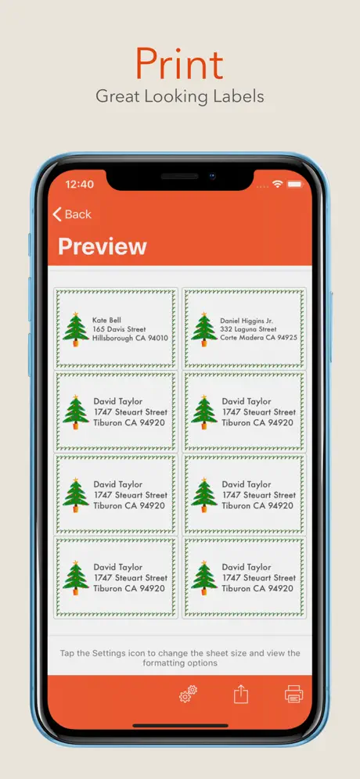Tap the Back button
(72, 214)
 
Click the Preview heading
(103, 246)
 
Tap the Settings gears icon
(189, 694)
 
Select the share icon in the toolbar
(241, 694)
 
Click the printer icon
(293, 694)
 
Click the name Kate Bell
(106, 321)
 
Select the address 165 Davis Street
(119, 329)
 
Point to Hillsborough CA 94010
(130, 339)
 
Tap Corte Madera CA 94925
(259, 338)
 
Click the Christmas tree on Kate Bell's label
(76, 329)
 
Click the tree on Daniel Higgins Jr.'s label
(203, 329)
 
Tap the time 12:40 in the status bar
(80, 185)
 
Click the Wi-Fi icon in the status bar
(278, 185)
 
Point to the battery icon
(294, 185)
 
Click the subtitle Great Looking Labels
(180, 96)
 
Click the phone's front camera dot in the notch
(212, 176)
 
